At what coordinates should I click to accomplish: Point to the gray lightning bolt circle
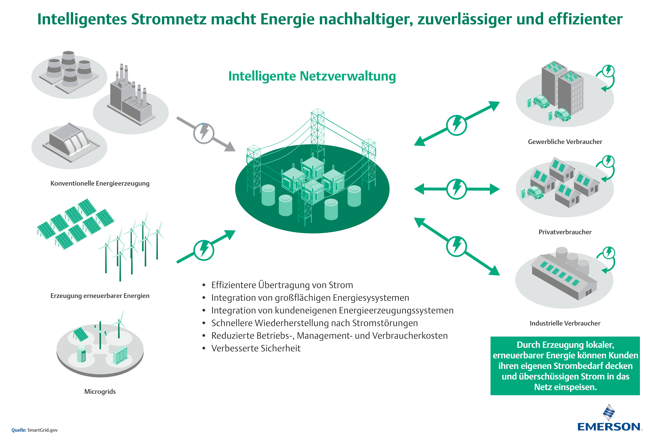[204, 133]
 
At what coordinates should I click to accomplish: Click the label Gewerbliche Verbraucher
[565, 142]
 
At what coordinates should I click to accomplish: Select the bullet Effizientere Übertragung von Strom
[282, 285]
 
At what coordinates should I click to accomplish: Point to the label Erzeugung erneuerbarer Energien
[100, 296]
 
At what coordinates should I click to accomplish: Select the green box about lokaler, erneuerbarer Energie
[565, 366]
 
